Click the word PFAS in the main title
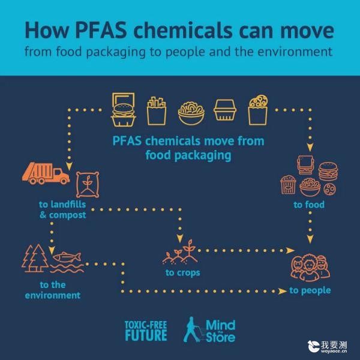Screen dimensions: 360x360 click(x=101, y=30)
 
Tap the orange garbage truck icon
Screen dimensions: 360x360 click(x=46, y=173)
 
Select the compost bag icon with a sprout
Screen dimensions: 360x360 click(x=88, y=185)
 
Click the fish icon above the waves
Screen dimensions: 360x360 click(x=67, y=257)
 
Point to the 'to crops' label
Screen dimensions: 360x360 click(x=183, y=273)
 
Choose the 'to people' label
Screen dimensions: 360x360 click(x=310, y=290)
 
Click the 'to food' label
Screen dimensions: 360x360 click(x=309, y=205)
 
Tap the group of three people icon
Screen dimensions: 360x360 click(x=310, y=268)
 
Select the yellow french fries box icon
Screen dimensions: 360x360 click(x=157, y=111)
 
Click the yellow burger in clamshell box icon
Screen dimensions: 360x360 click(x=123, y=110)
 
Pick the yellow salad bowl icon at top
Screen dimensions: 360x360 click(x=191, y=113)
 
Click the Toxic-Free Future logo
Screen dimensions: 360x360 click(x=146, y=331)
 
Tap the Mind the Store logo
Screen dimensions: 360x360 click(x=209, y=330)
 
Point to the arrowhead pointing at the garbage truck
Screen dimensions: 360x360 click(x=69, y=166)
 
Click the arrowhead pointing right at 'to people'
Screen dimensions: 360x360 click(x=283, y=291)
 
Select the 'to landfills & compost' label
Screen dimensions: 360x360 click(x=62, y=209)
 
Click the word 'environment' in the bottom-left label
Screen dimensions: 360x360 click(x=53, y=295)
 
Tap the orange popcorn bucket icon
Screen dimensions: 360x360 click(x=289, y=185)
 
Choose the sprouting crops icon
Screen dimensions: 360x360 click(x=180, y=252)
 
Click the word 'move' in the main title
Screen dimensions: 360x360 click(x=307, y=31)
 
